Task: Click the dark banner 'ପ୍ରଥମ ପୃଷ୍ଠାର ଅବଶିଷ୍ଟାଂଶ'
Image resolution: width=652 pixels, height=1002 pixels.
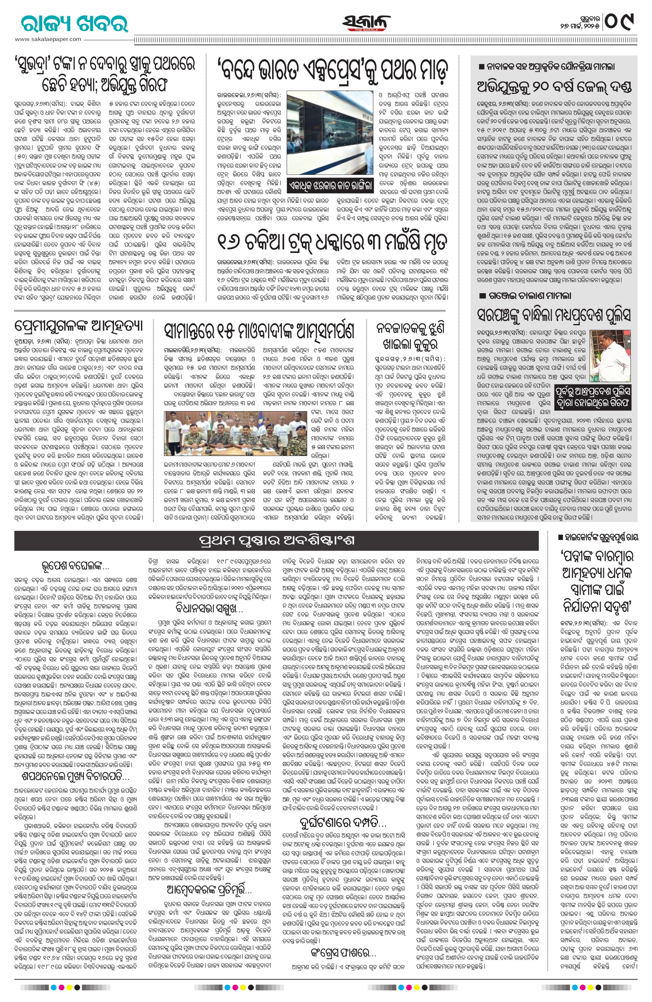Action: (276, 540)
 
